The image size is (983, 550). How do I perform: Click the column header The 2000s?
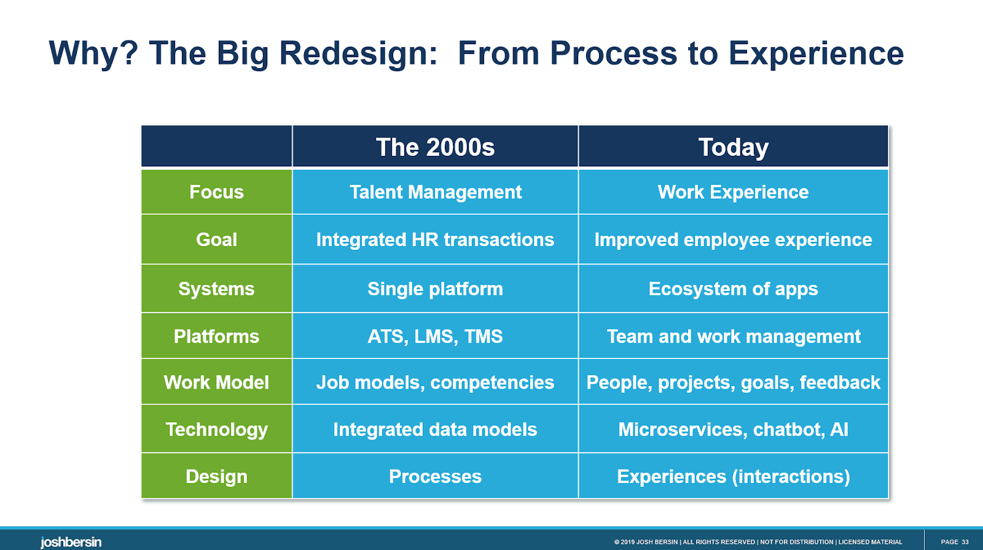[x=435, y=147]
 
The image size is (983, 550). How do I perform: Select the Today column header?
[x=734, y=147]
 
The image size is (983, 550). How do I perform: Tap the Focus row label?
[x=216, y=192]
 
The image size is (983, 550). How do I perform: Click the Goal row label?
[x=216, y=239]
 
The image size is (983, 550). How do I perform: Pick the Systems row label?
[x=216, y=289]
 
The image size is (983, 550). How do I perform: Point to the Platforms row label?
[x=216, y=336]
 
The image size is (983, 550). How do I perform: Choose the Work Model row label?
[x=216, y=382]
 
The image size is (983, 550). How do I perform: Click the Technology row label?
[x=216, y=429]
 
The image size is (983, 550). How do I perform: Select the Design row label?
[x=216, y=476]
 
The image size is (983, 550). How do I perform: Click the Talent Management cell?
[x=436, y=192]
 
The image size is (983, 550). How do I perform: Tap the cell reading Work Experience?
[x=734, y=192]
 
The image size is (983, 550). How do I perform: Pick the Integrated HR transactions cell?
[x=436, y=239]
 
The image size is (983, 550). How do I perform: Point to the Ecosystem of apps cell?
[x=734, y=289]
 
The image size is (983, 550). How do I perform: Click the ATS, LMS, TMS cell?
[x=436, y=336]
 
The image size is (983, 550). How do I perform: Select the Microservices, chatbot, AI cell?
[x=734, y=429]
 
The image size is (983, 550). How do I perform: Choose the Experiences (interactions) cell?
[x=734, y=476]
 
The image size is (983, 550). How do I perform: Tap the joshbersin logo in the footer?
[x=71, y=542]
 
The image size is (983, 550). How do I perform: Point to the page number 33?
[x=965, y=542]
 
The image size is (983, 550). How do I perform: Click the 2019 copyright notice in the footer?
[x=758, y=542]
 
